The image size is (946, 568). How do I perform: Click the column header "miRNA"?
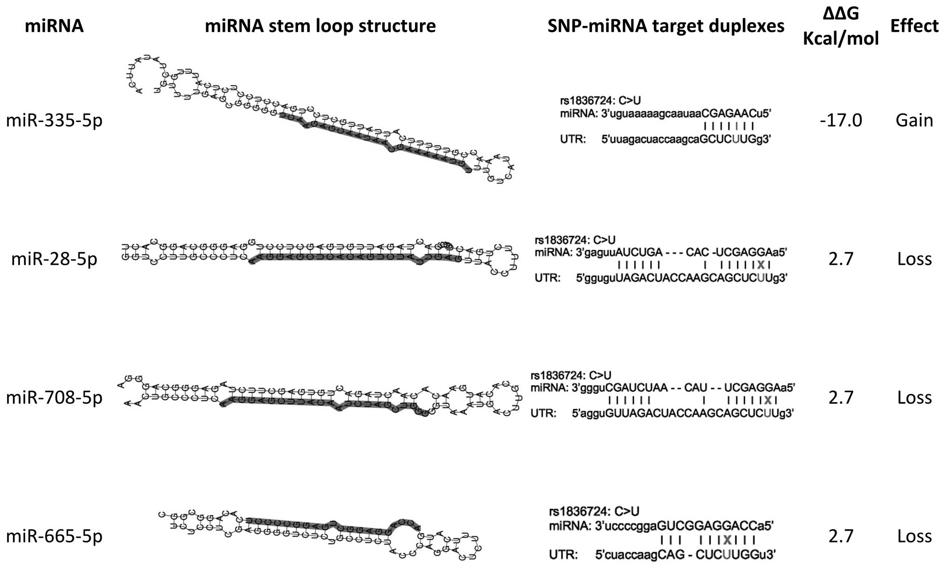tap(54, 26)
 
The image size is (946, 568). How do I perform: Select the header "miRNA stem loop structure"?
tap(320, 26)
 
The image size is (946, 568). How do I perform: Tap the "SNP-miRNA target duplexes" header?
tap(666, 26)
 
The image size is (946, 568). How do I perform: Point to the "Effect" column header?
tap(914, 26)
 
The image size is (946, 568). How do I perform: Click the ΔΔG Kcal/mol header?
tap(841, 27)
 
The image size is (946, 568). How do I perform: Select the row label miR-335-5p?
tap(54, 121)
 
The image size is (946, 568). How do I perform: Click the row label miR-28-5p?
tap(54, 259)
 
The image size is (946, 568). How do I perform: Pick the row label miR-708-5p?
tap(54, 398)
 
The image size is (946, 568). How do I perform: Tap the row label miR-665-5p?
tap(54, 536)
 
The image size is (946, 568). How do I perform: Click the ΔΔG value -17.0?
tap(841, 121)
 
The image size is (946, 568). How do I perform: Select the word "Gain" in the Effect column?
tap(914, 121)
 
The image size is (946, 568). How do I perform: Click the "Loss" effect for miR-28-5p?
tap(914, 259)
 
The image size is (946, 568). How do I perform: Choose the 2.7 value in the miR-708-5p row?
tap(841, 398)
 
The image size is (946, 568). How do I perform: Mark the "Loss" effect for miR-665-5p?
tap(914, 536)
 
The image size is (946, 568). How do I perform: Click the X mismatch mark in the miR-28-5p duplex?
tap(761, 265)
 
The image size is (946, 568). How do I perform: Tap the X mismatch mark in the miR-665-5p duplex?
tap(727, 540)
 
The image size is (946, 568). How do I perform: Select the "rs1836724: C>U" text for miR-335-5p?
tap(600, 101)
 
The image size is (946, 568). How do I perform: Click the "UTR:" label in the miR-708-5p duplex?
tap(543, 413)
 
